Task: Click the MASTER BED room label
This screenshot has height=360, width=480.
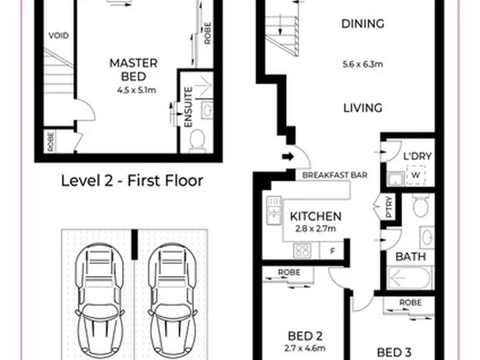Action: [133, 70]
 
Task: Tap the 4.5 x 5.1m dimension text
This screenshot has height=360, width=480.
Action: [137, 90]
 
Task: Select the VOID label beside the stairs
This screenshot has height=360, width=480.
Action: [59, 36]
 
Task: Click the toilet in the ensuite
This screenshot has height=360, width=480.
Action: [197, 141]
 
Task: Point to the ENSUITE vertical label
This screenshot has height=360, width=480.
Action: [189, 107]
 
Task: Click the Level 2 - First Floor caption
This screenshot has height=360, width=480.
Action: [132, 181]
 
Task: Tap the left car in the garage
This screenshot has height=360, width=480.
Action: [99, 301]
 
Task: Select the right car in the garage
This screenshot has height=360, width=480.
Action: [173, 301]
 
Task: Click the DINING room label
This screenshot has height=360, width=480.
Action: [363, 24]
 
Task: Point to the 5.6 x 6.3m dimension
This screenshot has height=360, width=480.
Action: [363, 64]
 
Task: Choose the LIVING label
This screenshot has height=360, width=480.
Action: [363, 108]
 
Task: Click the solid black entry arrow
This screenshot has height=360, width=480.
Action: [288, 157]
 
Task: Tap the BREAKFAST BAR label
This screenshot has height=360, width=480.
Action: [335, 175]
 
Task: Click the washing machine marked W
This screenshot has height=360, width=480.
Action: [416, 175]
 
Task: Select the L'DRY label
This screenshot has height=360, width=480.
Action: [417, 157]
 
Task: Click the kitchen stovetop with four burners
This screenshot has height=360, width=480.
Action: [303, 251]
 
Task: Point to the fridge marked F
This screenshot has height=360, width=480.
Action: [333, 251]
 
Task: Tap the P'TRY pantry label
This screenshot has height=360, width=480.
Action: [389, 207]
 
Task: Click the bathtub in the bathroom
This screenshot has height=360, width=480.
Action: [410, 277]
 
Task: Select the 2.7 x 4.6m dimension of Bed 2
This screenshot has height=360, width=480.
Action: [305, 348]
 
